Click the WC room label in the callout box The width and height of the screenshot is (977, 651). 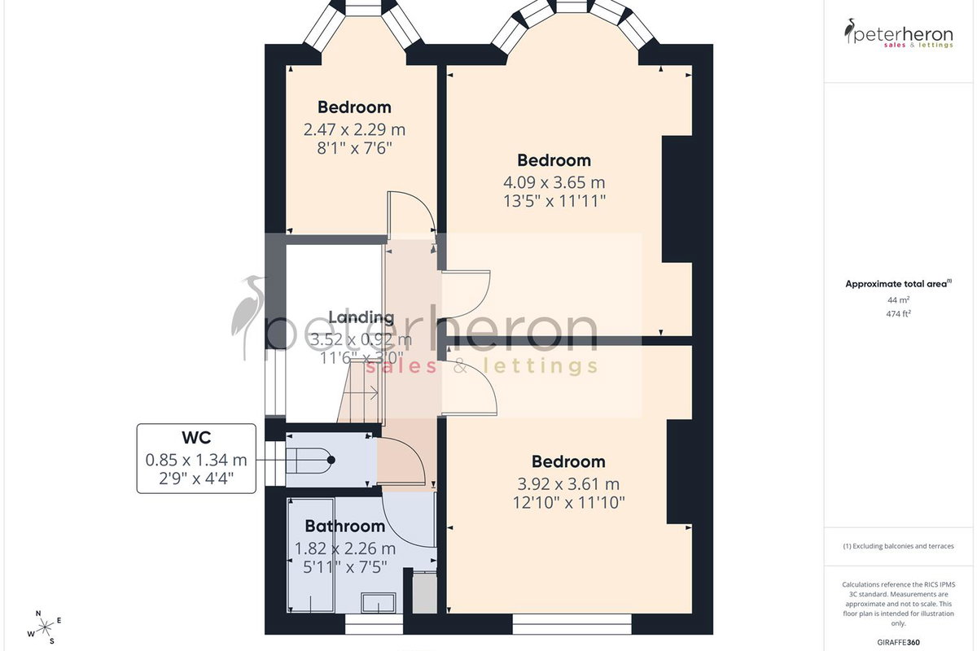196,437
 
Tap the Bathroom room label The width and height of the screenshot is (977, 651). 345,526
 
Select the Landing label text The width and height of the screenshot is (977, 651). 361,317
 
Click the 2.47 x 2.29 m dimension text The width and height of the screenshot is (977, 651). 355,129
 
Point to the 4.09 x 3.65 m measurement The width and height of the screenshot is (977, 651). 554,182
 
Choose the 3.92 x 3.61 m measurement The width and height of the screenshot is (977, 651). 568,484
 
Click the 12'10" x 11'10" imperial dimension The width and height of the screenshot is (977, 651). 569,503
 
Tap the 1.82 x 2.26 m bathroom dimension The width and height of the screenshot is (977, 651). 345,548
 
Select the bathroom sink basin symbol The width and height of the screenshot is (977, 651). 379,603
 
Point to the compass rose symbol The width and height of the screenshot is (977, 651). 45,627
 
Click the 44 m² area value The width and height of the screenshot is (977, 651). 899,300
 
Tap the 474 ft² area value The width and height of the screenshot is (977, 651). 899,313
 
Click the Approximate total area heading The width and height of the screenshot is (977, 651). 899,284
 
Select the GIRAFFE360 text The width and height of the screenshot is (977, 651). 899,642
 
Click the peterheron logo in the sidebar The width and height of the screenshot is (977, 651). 899,33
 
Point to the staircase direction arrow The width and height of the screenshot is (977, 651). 360,394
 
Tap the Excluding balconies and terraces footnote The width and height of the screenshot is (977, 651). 899,546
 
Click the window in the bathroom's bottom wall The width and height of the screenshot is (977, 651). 374,624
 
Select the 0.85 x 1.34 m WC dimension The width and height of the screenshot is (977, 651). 196,460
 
